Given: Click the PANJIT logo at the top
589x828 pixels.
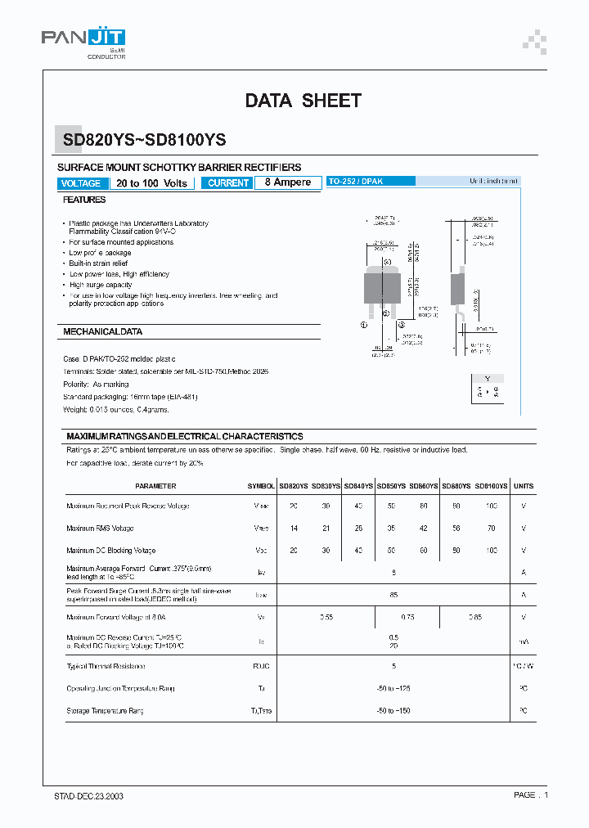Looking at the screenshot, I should (84, 39).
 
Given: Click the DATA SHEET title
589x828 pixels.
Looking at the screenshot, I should (303, 101).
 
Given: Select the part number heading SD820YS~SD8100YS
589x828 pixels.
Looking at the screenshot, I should (145, 140).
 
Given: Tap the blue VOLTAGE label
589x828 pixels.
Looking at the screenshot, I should (81, 183).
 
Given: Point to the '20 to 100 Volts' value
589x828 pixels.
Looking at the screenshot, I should (151, 183).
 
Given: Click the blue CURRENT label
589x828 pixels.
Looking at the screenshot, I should (228, 183).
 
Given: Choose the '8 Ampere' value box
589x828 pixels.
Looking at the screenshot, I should (287, 182).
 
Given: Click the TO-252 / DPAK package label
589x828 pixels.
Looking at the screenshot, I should (356, 181).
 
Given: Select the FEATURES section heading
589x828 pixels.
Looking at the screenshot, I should (84, 200).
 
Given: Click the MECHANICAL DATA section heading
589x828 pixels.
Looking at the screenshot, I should (103, 332).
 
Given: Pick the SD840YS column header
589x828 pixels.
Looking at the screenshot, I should (358, 486).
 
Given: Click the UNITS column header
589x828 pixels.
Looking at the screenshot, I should (524, 486).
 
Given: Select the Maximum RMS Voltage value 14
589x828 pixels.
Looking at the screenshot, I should (293, 529).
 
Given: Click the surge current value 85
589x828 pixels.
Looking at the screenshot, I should (393, 595).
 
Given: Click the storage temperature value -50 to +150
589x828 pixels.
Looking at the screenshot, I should (393, 711).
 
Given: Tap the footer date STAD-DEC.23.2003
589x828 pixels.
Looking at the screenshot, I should (83, 795).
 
